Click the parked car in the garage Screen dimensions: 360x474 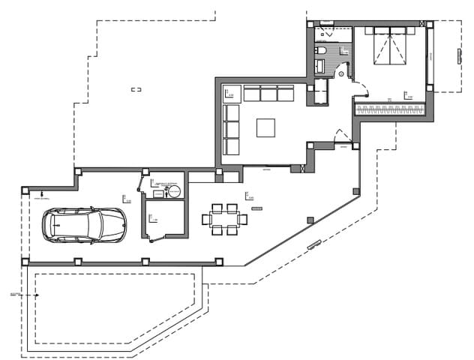click(x=83, y=224)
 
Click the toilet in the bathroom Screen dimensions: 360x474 click(x=321, y=51)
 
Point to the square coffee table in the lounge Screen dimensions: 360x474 click(x=266, y=128)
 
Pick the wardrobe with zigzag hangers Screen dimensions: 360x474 click(x=389, y=109)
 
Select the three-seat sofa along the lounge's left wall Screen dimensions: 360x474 click(x=231, y=130)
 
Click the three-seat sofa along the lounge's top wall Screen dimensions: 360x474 click(x=268, y=93)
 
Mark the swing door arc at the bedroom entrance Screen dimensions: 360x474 click(x=361, y=93)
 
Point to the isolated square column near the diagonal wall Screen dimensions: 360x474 click(x=310, y=219)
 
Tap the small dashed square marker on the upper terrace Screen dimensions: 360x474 click(x=136, y=90)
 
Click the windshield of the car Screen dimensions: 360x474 click(x=97, y=224)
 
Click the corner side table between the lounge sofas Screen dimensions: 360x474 click(x=231, y=93)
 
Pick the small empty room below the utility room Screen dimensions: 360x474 click(x=165, y=218)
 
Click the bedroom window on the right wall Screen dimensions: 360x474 click(x=430, y=56)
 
